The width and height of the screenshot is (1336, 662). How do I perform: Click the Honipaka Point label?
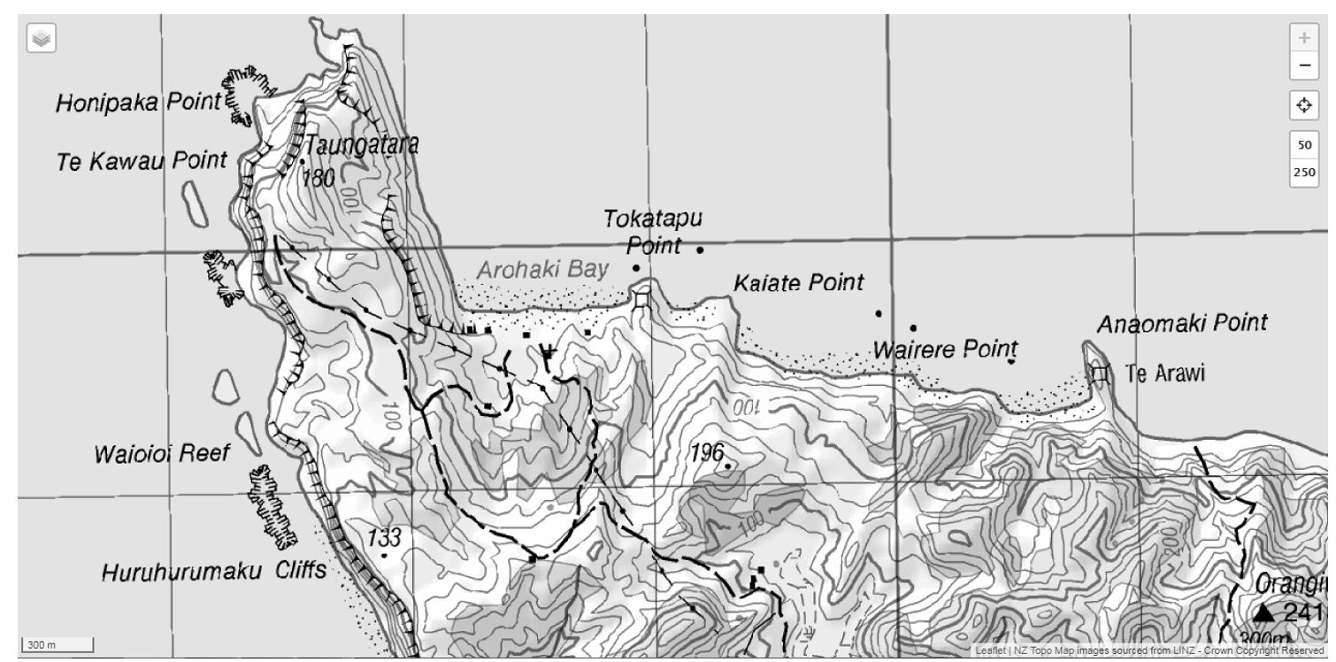pyautogui.click(x=136, y=104)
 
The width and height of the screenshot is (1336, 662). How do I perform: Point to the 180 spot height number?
pyautogui.click(x=319, y=179)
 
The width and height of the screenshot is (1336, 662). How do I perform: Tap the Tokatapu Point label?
pyautogui.click(x=652, y=232)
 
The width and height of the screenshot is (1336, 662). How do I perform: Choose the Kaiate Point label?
pyautogui.click(x=798, y=283)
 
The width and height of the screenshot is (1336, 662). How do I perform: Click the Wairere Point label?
pyautogui.click(x=945, y=349)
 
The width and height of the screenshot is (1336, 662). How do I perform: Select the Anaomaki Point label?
pyautogui.click(x=1182, y=324)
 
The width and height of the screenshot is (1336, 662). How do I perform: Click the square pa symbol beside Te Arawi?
pyautogui.click(x=1100, y=374)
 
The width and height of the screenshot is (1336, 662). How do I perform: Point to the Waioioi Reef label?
pyautogui.click(x=161, y=455)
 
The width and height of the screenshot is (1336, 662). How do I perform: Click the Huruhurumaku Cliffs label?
pyautogui.click(x=214, y=571)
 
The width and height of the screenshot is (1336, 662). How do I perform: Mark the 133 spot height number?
pyautogui.click(x=384, y=537)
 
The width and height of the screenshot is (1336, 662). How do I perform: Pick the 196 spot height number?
pyautogui.click(x=706, y=452)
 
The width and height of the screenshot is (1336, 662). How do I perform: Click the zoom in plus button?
pyautogui.click(x=1303, y=39)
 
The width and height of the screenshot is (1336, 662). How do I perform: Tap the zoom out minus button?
pyautogui.click(x=1303, y=65)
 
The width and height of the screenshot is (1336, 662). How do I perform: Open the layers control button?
pyautogui.click(x=42, y=39)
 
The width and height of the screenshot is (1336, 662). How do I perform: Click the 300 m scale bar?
pyautogui.click(x=56, y=644)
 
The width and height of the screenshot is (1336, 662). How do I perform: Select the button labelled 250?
pyautogui.click(x=1303, y=172)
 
